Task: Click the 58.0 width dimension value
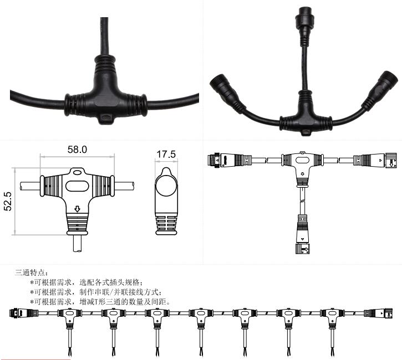click(x=77, y=150)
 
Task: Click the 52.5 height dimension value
click(x=8, y=202)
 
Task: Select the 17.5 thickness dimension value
click(x=166, y=153)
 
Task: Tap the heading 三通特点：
click(x=32, y=272)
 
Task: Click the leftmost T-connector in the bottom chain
click(x=68, y=316)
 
